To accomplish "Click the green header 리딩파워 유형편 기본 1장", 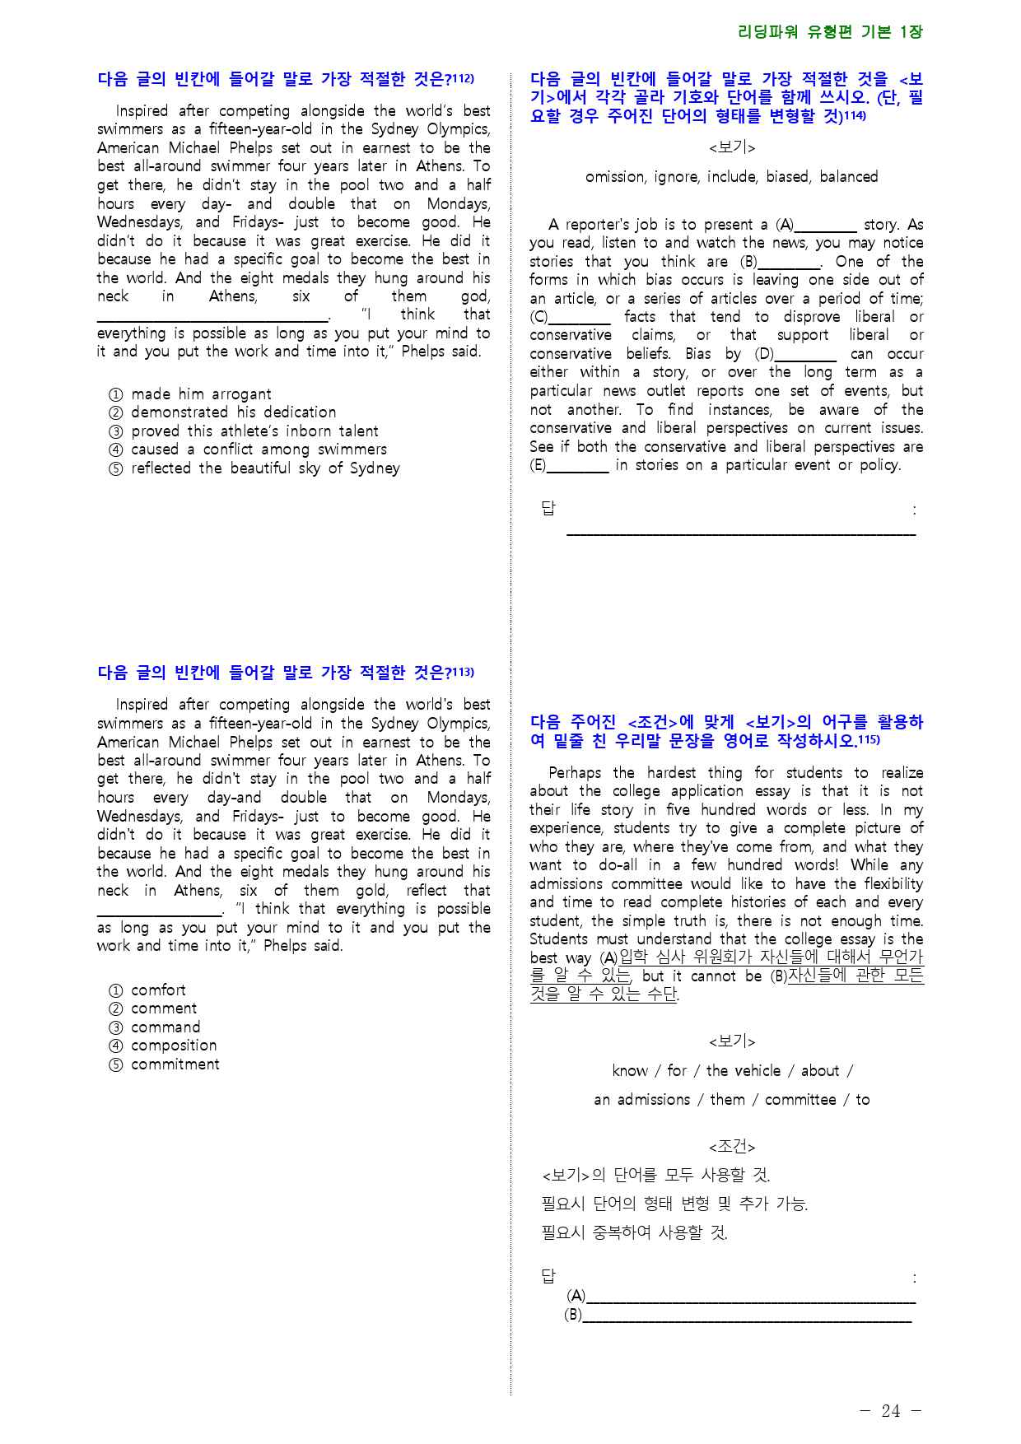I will [830, 32].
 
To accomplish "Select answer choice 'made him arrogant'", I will [201, 394].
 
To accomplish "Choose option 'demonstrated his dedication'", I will [233, 412].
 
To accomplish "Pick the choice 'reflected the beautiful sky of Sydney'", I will [265, 468].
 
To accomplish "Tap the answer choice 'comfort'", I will [158, 990].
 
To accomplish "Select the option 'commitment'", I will [175, 1064].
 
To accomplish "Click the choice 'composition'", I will [174, 1046].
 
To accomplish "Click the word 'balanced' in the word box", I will [849, 177].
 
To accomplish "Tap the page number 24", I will [891, 1411].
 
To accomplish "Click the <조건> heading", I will [732, 1147].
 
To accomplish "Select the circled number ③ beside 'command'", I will [115, 1027].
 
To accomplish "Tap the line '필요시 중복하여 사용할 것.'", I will [635, 1232].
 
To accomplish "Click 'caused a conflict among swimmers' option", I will [259, 450].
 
